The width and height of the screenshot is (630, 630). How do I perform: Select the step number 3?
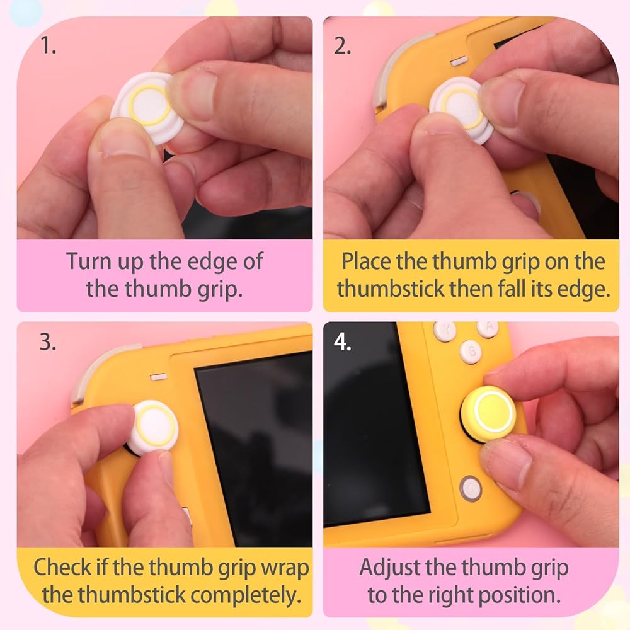pyautogui.click(x=48, y=342)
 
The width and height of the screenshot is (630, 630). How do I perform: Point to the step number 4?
pyautogui.click(x=342, y=342)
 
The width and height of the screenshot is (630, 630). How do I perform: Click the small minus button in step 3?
pyautogui.click(x=158, y=377)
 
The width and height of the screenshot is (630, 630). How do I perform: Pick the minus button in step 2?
pyautogui.click(x=459, y=61)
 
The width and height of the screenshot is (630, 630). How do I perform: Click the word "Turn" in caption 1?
pyautogui.click(x=88, y=261)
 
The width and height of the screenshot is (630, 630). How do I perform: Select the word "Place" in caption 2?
pyautogui.click(x=367, y=261)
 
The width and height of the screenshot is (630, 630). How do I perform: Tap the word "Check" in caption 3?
pyautogui.click(x=62, y=568)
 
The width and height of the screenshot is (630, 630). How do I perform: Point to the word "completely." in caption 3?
pyautogui.click(x=246, y=596)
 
